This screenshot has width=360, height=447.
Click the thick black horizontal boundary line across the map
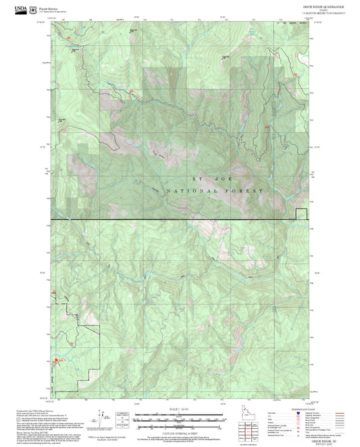coord(169,219)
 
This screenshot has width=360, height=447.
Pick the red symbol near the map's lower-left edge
coord(59,360)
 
